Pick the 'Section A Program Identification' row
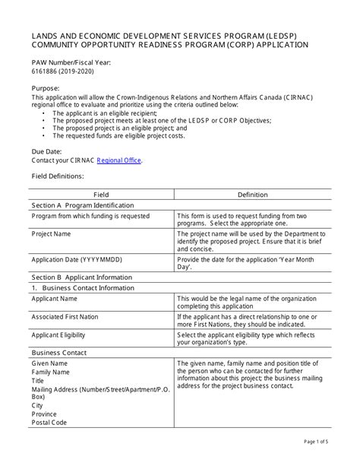(83, 205)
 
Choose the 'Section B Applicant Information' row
(82, 268)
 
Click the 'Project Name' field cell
(51, 234)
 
